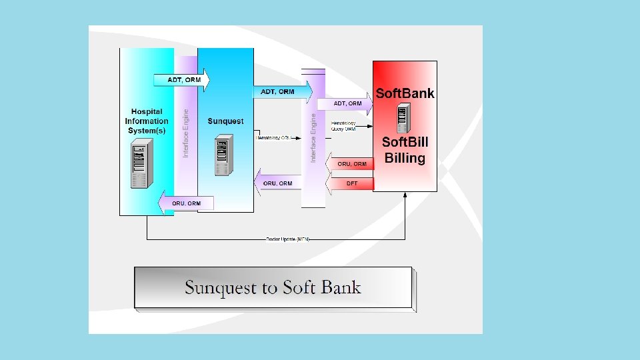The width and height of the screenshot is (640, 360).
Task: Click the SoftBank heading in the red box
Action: point(405,93)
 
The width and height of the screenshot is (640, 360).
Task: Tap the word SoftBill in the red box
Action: point(405,142)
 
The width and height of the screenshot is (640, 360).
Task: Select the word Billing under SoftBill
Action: point(405,158)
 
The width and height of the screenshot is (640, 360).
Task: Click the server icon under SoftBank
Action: point(402,119)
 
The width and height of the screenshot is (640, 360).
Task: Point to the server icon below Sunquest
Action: point(225,155)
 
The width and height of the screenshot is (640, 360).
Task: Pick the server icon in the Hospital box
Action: point(139,165)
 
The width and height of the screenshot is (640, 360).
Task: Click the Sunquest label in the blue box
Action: point(225,121)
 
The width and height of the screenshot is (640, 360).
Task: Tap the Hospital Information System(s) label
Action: point(146,121)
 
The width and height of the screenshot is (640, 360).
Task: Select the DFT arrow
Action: point(349,183)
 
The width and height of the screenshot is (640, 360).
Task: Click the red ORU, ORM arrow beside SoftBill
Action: point(349,164)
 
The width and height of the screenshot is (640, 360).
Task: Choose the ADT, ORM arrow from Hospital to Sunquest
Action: point(181,80)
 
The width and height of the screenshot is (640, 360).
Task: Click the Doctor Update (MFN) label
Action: point(285,239)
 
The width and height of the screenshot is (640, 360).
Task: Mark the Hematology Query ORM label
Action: point(343,126)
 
